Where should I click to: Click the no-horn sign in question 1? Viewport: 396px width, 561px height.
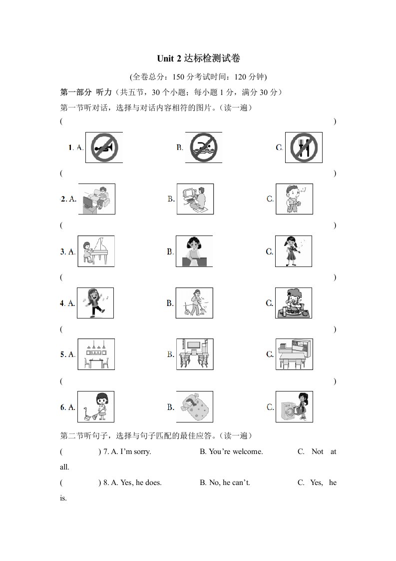click(x=104, y=147)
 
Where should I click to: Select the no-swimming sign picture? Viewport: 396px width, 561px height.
click(x=203, y=147)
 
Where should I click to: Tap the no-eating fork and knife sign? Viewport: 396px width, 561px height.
click(x=304, y=147)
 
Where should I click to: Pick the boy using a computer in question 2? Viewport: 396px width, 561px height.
click(x=195, y=199)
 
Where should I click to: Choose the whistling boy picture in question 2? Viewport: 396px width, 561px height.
click(x=294, y=199)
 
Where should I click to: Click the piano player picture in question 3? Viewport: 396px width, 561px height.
click(x=96, y=251)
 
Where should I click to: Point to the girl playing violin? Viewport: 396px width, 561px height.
click(x=294, y=251)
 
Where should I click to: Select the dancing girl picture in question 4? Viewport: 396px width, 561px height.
click(x=95, y=303)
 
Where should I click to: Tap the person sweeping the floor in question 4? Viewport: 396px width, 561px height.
click(x=194, y=303)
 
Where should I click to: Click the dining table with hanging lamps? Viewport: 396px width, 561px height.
click(x=96, y=354)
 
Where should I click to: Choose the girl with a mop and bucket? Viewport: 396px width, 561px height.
click(x=96, y=407)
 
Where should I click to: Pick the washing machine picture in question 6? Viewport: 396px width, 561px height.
click(x=294, y=407)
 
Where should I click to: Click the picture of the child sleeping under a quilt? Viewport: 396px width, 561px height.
click(x=195, y=407)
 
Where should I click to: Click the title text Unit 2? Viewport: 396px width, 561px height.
click(x=169, y=58)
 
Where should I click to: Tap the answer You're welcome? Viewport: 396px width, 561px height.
click(x=236, y=451)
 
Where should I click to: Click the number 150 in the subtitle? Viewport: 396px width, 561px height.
click(x=178, y=77)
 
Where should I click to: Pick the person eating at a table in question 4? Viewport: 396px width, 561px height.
click(x=294, y=303)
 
